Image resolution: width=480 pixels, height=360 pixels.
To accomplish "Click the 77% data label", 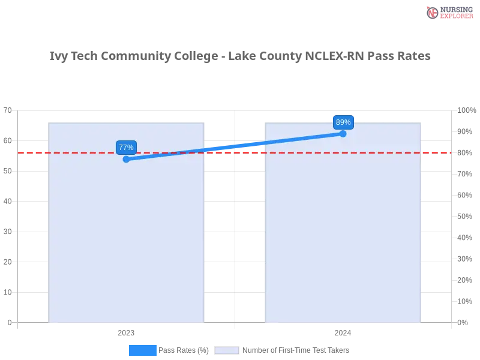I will [126, 148].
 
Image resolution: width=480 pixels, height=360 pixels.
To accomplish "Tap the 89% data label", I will [343, 122].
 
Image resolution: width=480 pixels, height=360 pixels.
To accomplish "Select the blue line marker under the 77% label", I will [126, 159].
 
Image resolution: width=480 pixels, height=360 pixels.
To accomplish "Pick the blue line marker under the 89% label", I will [343, 133].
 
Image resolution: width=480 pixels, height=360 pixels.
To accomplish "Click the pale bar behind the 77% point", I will [127, 240].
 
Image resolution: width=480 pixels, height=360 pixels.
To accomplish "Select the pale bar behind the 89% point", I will [343, 240].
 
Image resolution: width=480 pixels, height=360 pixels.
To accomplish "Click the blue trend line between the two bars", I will [234, 146].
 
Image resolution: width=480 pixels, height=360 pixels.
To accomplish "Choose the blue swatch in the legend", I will [142, 350].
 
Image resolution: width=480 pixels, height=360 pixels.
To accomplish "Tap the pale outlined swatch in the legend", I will [227, 350].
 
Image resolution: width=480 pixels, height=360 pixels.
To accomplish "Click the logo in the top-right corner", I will [448, 12].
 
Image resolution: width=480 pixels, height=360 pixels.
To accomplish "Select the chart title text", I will [240, 57].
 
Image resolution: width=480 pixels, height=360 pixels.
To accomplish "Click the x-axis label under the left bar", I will [125, 331].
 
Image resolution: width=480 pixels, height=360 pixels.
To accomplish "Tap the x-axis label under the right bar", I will [343, 331].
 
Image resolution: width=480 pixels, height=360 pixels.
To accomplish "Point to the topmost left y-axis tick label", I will [8, 111].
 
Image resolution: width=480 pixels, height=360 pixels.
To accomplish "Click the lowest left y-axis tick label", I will [9, 322].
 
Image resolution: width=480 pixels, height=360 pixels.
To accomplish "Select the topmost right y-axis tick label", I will [466, 110].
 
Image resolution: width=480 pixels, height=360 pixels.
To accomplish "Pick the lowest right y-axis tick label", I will [463, 322].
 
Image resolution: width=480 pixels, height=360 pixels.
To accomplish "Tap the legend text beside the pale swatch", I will [295, 350].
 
